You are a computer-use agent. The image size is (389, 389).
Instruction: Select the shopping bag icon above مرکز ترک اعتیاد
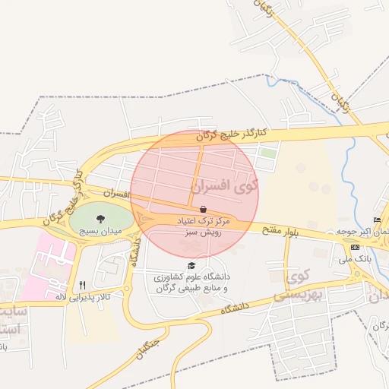point(203,209)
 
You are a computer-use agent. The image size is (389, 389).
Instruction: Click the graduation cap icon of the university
point(191,265)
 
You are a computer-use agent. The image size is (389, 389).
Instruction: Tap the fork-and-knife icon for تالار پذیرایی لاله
point(82,285)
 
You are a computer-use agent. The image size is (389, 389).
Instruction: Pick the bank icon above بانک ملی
point(355,248)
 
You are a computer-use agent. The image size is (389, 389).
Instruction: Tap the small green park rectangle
point(267,153)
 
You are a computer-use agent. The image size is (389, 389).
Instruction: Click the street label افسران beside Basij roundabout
point(119,195)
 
